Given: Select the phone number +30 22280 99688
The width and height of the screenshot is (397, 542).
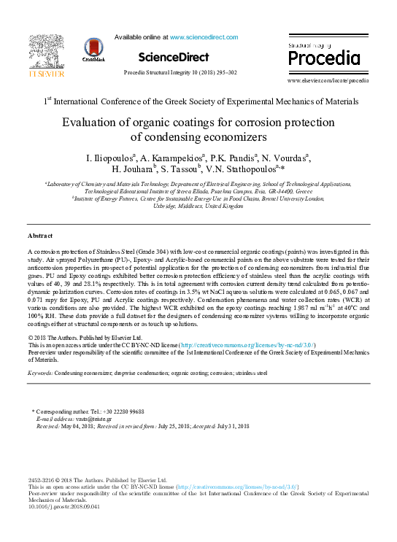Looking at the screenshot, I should [127, 412].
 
